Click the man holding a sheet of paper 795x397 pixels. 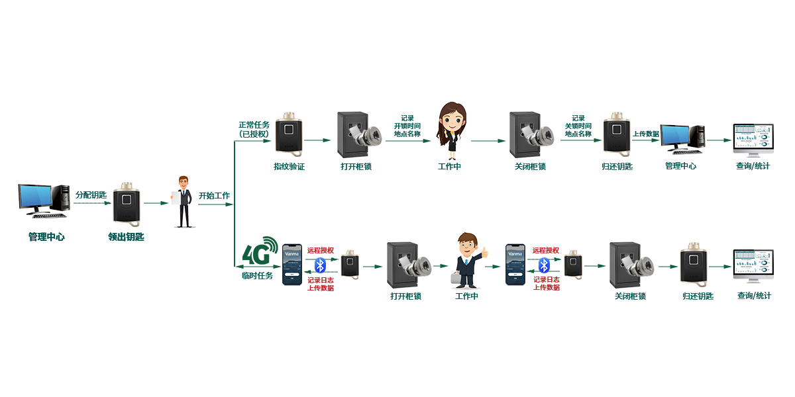click(184, 201)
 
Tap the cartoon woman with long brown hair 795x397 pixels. click(450, 130)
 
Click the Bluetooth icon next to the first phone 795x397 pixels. click(320, 265)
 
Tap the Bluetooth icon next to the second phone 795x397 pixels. click(544, 265)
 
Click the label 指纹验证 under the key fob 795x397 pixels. click(289, 166)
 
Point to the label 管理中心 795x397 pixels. click(680, 165)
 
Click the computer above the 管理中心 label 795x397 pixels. click(681, 139)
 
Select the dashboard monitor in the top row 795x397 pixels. click(753, 139)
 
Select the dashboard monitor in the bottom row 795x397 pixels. click(753, 266)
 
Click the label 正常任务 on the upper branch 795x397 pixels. click(254, 124)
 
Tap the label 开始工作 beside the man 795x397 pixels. click(215, 196)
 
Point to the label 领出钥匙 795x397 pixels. click(126, 236)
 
